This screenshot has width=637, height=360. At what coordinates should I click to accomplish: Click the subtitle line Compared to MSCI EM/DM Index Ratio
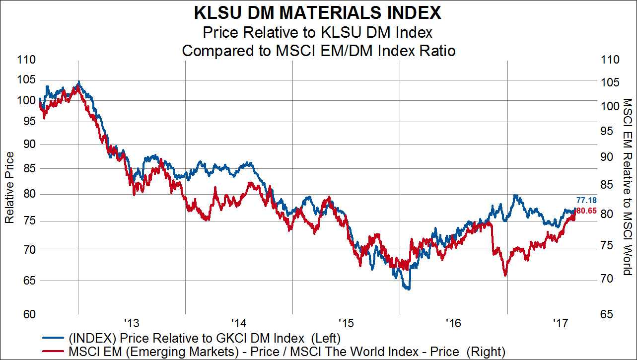(x=318, y=50)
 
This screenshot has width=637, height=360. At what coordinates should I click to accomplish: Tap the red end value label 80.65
(x=586, y=211)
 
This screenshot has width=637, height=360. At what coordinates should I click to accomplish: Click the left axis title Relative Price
(x=9, y=187)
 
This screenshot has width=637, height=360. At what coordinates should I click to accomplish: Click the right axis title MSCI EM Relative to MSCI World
(x=627, y=187)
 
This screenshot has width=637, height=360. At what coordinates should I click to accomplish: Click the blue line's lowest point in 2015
(x=408, y=288)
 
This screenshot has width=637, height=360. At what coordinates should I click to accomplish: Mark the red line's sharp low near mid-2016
(x=505, y=275)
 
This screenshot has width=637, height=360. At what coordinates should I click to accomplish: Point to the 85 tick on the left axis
(x=30, y=168)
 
